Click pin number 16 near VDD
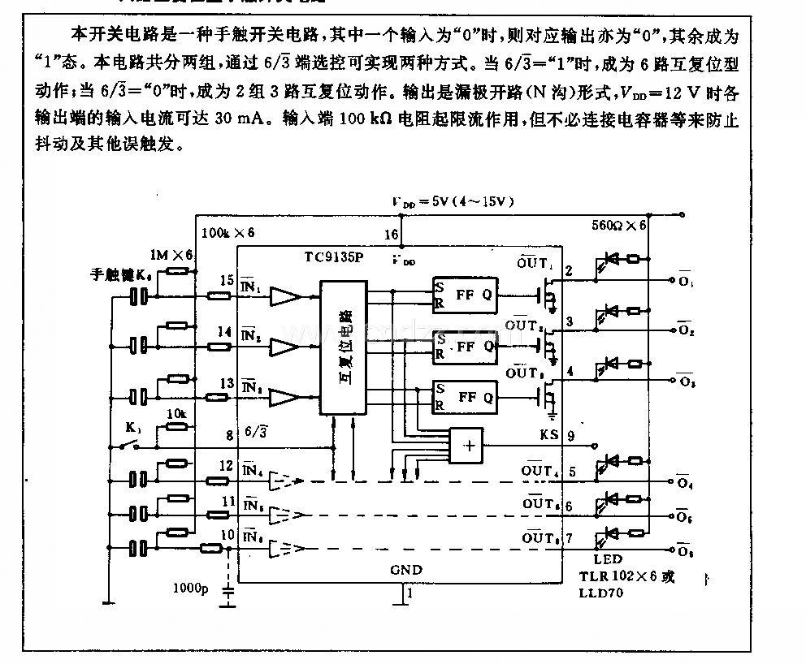coord(392,235)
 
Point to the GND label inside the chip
coord(406,570)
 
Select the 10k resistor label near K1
coord(176,414)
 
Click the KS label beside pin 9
coord(549,434)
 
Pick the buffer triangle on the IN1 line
coord(286,297)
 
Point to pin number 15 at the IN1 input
coord(227,280)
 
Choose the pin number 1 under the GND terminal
coord(410,594)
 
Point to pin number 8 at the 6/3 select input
coord(229,434)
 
